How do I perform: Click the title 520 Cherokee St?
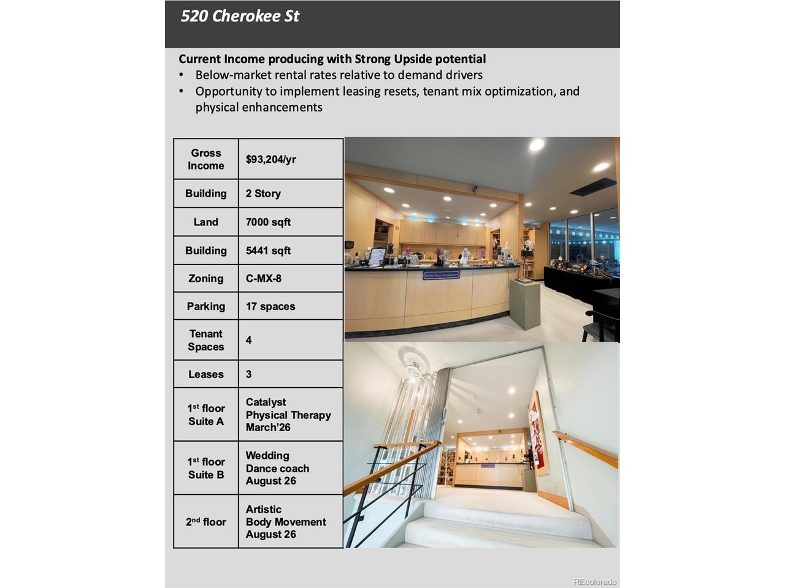coord(240,17)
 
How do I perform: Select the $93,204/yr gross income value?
coord(270,159)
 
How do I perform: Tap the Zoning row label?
coord(205,279)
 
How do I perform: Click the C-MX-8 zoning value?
coord(264,279)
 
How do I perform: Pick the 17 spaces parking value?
coord(270,306)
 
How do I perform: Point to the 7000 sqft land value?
coord(268,222)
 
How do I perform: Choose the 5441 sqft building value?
coord(268,251)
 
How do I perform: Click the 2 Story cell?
coord(263,194)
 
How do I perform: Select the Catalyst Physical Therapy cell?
coord(288,415)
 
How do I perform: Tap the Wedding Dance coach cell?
coord(277,468)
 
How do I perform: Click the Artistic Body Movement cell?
coord(285,522)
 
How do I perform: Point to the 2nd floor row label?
coord(205,522)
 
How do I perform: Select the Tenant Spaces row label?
coord(205,340)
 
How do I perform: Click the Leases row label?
coord(205,374)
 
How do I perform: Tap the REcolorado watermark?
coord(594,582)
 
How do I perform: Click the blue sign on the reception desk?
coord(441,276)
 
